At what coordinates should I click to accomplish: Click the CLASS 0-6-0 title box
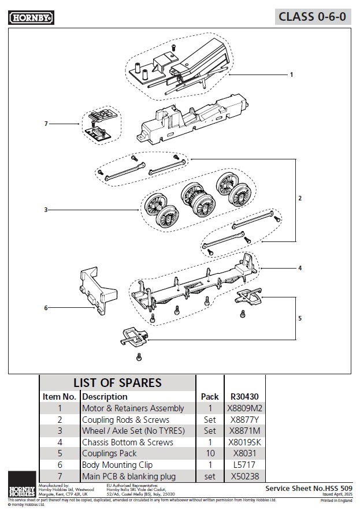click(x=312, y=16)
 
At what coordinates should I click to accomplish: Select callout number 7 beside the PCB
click(x=46, y=124)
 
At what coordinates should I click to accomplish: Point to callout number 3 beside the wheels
click(x=46, y=210)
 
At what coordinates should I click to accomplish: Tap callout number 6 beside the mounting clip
click(x=46, y=308)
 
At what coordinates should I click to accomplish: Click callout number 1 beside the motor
click(x=291, y=75)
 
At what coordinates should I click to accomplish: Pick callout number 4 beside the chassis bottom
click(x=300, y=268)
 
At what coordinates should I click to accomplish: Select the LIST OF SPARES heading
click(x=117, y=382)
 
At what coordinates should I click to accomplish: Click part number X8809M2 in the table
click(x=244, y=408)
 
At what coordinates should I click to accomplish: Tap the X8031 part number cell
click(x=244, y=453)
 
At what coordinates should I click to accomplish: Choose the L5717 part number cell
click(x=244, y=465)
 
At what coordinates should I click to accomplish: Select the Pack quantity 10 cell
click(x=210, y=453)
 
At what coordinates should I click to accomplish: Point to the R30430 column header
click(x=244, y=397)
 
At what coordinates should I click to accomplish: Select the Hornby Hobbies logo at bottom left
click(x=22, y=484)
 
